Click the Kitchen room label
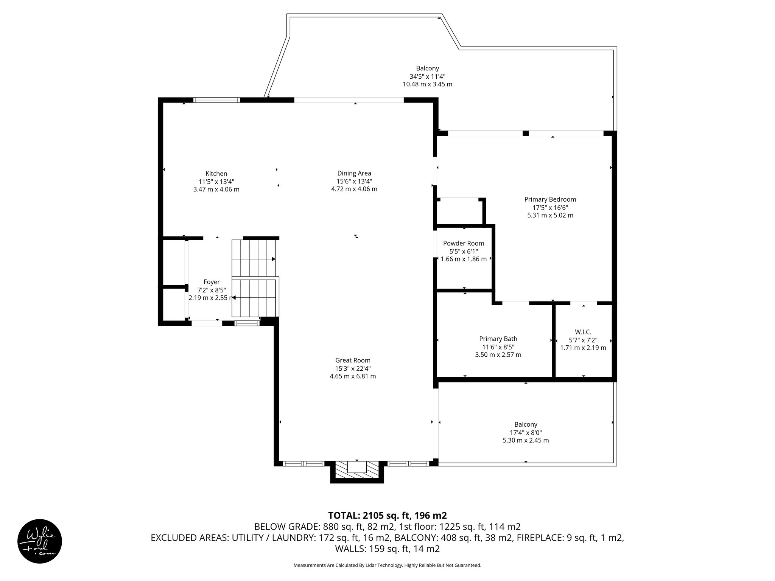click(x=216, y=174)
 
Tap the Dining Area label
click(x=354, y=173)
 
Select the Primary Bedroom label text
click(x=550, y=199)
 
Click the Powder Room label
click(x=464, y=243)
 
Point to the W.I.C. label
click(x=583, y=332)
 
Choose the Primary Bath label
click(x=498, y=339)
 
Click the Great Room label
click(x=353, y=360)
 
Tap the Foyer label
click(x=212, y=282)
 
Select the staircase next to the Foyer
click(x=254, y=278)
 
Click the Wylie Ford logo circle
click(x=40, y=541)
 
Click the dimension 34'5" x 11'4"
click(x=427, y=76)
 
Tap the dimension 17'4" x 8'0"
click(x=526, y=432)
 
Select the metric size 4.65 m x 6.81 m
click(x=353, y=376)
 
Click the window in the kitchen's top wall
click(x=216, y=100)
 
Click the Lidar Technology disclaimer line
click(x=387, y=565)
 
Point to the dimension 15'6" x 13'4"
click(x=354, y=181)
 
